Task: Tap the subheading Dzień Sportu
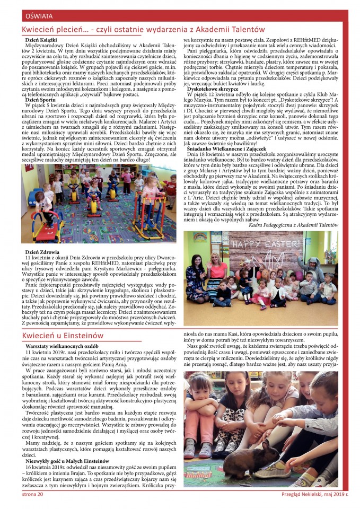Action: (x=40, y=100)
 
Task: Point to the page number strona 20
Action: (x=32, y=494)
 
